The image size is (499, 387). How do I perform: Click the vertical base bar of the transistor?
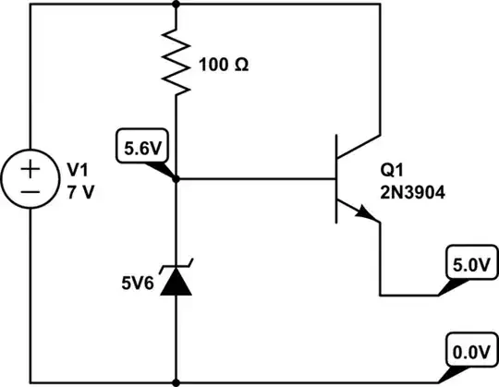click(x=337, y=179)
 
